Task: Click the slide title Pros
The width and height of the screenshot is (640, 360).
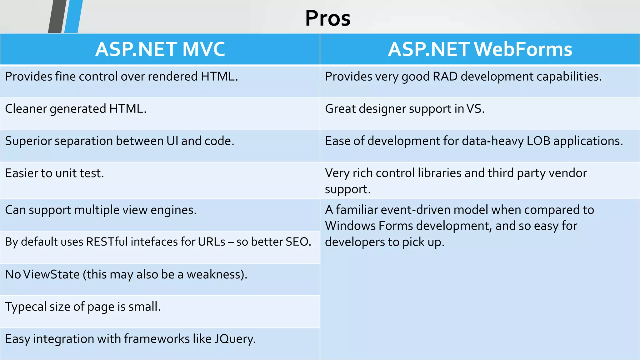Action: (327, 18)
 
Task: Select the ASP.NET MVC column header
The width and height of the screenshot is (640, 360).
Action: (160, 49)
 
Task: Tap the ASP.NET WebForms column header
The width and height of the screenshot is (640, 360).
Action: (480, 49)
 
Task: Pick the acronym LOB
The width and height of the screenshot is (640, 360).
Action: (538, 141)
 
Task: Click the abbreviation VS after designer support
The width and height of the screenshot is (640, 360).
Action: (475, 109)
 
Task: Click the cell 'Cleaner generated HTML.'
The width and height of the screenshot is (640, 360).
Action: (76, 109)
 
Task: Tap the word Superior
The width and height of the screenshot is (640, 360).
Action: (28, 141)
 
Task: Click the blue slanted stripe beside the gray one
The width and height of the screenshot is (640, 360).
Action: (73, 16)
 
